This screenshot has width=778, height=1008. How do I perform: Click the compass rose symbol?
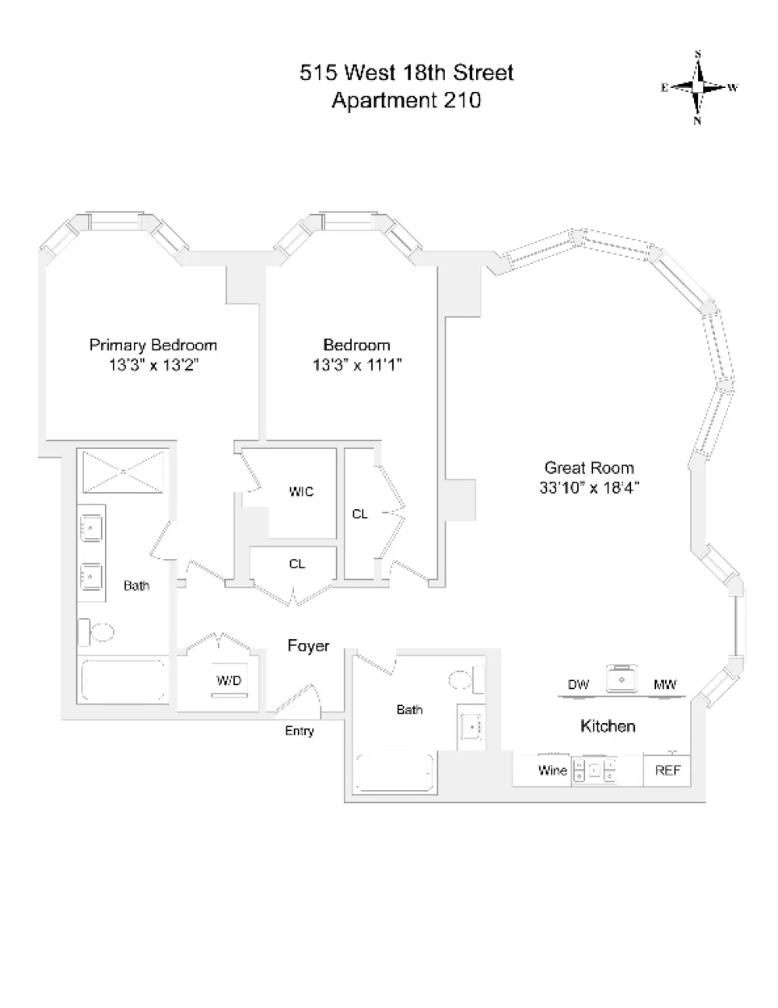coord(699,87)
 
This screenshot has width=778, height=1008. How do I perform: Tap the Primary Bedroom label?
coord(153,345)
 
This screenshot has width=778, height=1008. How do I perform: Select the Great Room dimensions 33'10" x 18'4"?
coord(589,487)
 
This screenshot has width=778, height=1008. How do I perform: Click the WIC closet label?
coord(301,491)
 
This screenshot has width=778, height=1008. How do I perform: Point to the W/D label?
coord(229,680)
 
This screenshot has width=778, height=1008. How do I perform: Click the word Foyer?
coord(308,645)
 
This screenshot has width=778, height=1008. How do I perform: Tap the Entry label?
coord(300,731)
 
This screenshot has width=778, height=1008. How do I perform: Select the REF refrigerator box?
coord(668,771)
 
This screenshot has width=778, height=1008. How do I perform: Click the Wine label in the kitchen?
coord(552,771)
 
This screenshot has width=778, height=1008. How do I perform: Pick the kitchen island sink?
coord(622,678)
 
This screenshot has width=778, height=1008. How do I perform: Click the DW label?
coord(578,684)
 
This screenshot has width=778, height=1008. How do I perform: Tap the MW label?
coord(665,684)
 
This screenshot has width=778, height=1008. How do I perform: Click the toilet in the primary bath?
coord(96,632)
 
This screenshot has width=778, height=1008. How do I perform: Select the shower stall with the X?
coord(123,471)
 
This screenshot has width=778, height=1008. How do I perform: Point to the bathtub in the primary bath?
coord(123,680)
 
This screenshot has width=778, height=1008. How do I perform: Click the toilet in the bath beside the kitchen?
coord(467,680)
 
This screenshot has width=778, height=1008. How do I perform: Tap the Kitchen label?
coord(608,726)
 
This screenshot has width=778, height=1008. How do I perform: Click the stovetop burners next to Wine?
coord(594,771)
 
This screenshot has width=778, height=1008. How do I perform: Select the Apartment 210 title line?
coord(406,100)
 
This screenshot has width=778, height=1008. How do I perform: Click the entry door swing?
coord(298,699)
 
